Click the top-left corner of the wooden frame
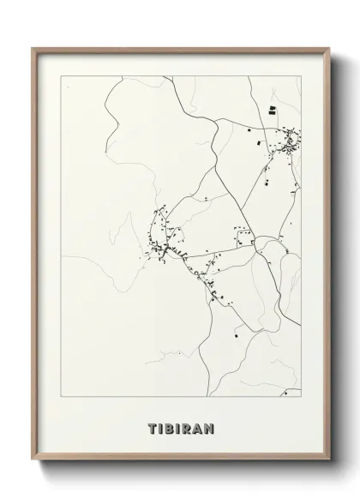click(x=33, y=49)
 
